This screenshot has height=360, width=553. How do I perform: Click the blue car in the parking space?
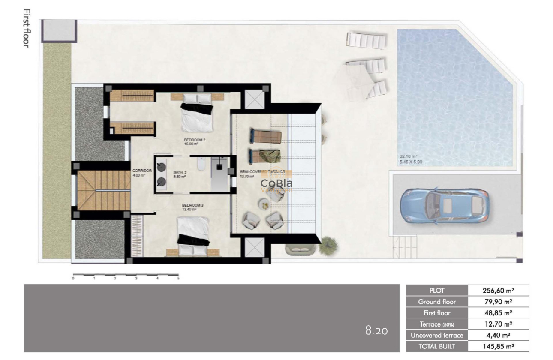pyautogui.click(x=444, y=205)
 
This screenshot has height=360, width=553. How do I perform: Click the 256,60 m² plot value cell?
pyautogui.click(x=498, y=291)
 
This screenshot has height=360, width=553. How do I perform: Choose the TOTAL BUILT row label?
pyautogui.click(x=437, y=346)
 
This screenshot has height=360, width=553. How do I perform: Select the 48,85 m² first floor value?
pyautogui.click(x=498, y=313)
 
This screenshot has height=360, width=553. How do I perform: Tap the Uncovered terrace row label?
pyautogui.click(x=437, y=335)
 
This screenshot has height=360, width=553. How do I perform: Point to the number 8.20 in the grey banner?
pyautogui.click(x=376, y=331)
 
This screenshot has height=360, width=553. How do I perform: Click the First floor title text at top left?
pyautogui.click(x=26, y=28)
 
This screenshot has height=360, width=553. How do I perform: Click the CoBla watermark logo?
pyautogui.click(x=277, y=183)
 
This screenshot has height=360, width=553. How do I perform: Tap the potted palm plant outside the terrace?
pyautogui.click(x=328, y=245)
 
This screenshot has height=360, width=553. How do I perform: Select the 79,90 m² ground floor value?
pyautogui.click(x=498, y=302)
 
